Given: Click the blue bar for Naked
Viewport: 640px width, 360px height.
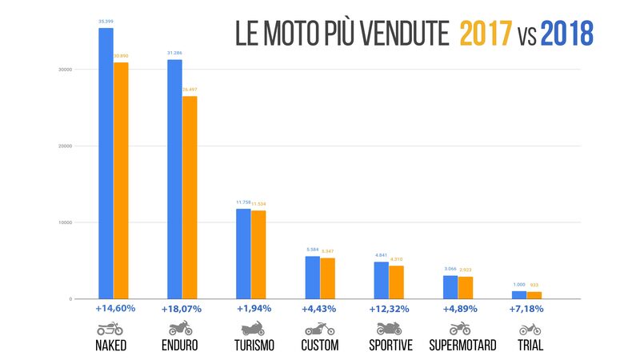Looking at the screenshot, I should [106, 163].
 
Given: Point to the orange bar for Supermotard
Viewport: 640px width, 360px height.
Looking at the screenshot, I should [465, 287].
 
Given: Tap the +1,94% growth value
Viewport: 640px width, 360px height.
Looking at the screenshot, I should [254, 308].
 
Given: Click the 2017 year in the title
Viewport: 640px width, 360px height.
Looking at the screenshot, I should [487, 34].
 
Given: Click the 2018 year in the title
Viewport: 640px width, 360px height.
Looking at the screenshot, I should [566, 34].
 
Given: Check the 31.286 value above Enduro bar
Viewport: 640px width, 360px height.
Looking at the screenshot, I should [174, 53].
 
